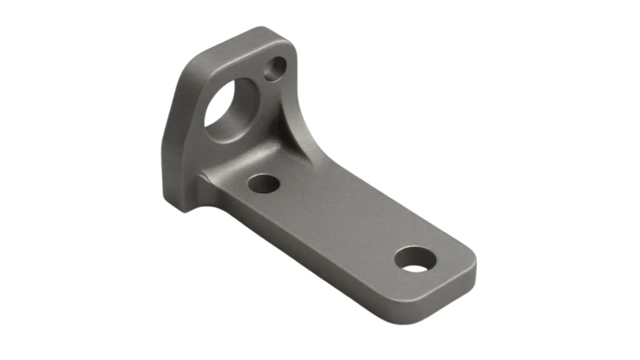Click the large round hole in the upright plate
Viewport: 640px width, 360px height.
[229, 109]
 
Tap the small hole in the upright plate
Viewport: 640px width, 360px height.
[275, 68]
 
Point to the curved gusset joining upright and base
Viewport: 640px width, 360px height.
[294, 134]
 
